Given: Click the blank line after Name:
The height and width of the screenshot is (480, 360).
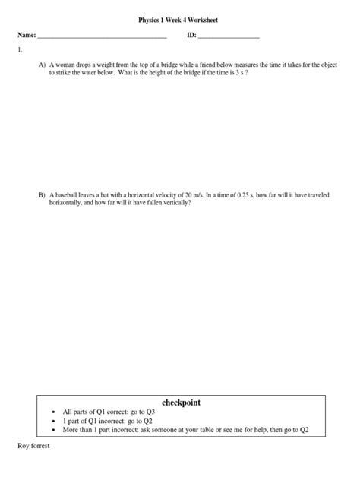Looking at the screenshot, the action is click(102, 37).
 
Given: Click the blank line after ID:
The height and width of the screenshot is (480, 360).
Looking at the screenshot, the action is click(229, 37).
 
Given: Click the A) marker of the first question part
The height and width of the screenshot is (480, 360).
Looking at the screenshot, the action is click(43, 66).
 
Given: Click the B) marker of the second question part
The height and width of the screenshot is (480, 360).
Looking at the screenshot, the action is click(43, 196).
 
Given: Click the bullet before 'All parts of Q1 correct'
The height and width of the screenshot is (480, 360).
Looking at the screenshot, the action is click(54, 412).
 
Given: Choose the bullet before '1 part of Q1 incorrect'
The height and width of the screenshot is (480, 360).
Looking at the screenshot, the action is click(54, 422).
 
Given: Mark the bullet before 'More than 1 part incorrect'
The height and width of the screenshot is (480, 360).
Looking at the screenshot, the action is click(54, 431).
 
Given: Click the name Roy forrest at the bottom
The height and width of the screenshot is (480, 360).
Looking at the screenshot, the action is click(34, 447).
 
